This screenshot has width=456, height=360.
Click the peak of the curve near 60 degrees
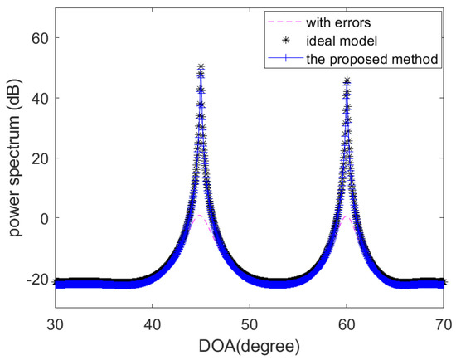347,80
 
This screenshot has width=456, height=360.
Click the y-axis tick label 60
38,38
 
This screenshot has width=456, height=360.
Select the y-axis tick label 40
38,98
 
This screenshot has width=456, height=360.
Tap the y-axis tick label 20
38,158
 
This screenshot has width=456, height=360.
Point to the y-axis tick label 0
42,218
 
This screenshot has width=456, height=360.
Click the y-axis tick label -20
35,279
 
